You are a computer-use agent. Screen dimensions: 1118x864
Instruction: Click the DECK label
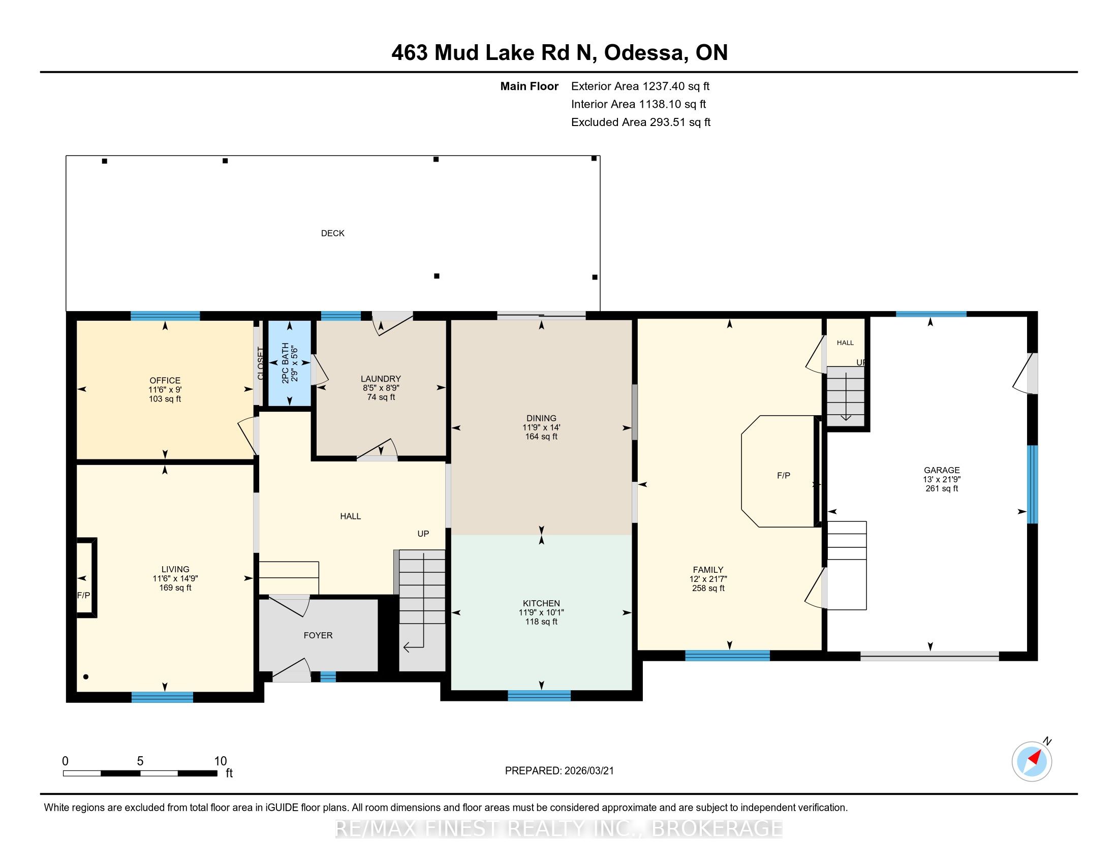[x=333, y=233]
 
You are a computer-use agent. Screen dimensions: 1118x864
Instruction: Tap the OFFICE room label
[x=165, y=380]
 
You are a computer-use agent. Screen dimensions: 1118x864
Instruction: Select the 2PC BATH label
[x=285, y=363]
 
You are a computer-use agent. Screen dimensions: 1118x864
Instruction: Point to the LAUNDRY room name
[x=381, y=379]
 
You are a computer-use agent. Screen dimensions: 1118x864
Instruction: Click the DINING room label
[x=541, y=418]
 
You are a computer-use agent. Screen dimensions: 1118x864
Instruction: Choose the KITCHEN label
[x=541, y=603]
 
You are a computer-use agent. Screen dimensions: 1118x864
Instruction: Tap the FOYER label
[x=318, y=635]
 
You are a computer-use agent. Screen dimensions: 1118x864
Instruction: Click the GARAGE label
[x=941, y=470]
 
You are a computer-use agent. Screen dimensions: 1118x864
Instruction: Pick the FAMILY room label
[x=708, y=570]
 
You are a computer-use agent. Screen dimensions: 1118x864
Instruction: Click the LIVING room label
[x=175, y=569]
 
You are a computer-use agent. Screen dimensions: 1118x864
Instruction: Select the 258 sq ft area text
[x=708, y=588]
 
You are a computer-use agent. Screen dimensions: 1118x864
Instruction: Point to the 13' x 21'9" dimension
[x=941, y=479]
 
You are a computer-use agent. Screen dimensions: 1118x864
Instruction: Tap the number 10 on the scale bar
[x=220, y=761]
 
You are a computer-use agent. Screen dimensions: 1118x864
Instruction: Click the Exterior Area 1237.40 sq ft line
[x=640, y=86]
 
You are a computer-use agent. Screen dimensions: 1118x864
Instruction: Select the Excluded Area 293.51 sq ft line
[x=641, y=122]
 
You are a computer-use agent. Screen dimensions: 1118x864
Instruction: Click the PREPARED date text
[x=559, y=771]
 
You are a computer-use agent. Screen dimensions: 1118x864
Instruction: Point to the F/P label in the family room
[x=783, y=476]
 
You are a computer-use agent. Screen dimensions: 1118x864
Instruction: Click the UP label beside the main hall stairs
[x=423, y=533]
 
